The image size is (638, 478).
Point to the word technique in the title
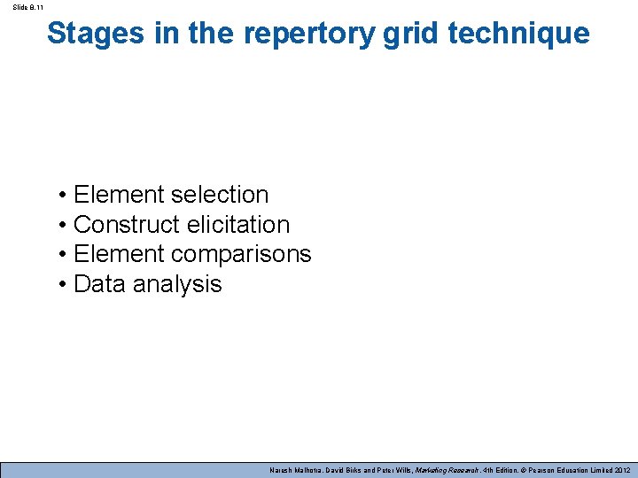(518, 34)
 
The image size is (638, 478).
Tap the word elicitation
(238, 225)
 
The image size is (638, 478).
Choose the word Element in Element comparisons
(119, 254)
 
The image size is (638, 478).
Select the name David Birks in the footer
(346, 470)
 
